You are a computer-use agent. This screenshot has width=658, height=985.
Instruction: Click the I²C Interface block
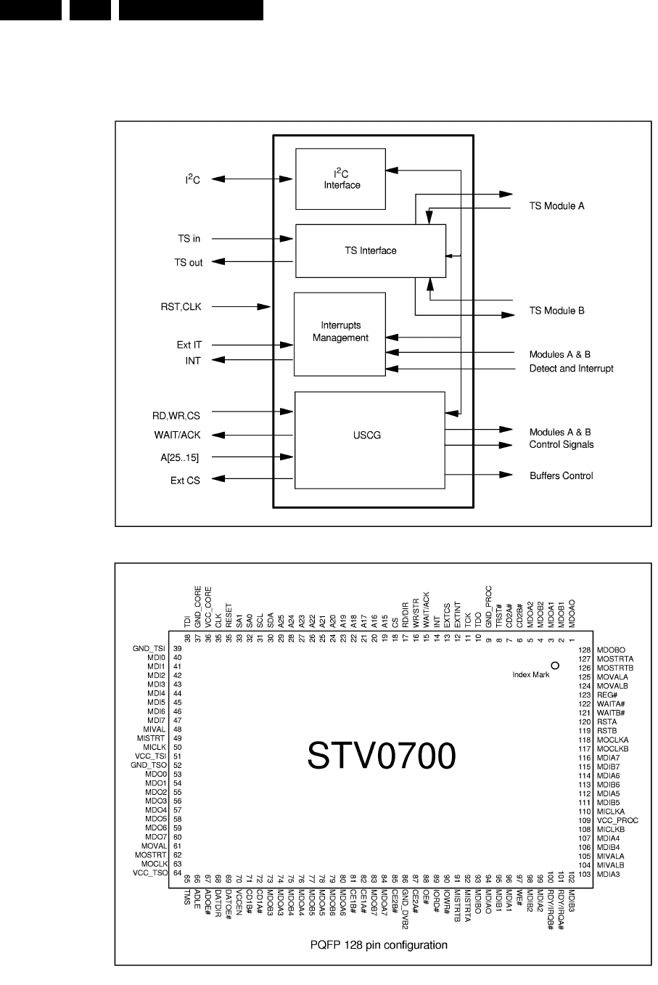(341, 179)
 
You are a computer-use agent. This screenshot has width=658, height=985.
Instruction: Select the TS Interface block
(369, 251)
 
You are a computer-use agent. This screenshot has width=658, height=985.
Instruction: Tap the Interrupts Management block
(340, 334)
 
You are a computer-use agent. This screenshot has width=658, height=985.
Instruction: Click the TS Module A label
(556, 206)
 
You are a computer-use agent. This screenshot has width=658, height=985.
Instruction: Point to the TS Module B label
(556, 311)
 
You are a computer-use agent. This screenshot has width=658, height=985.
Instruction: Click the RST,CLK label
(181, 307)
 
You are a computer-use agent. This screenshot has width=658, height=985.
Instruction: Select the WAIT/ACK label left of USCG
(178, 436)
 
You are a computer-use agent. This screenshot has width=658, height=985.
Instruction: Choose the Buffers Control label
(561, 476)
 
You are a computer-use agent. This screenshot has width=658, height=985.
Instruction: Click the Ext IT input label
(189, 345)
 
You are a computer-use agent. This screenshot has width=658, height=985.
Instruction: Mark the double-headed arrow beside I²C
(247, 179)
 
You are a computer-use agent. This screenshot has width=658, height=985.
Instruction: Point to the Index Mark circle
(555, 665)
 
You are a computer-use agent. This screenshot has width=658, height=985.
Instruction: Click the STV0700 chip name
(381, 756)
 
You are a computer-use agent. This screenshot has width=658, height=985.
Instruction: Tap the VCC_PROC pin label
(618, 820)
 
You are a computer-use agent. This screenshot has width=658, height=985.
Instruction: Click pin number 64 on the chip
(177, 873)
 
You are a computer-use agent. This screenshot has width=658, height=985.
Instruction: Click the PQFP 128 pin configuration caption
(378, 945)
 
